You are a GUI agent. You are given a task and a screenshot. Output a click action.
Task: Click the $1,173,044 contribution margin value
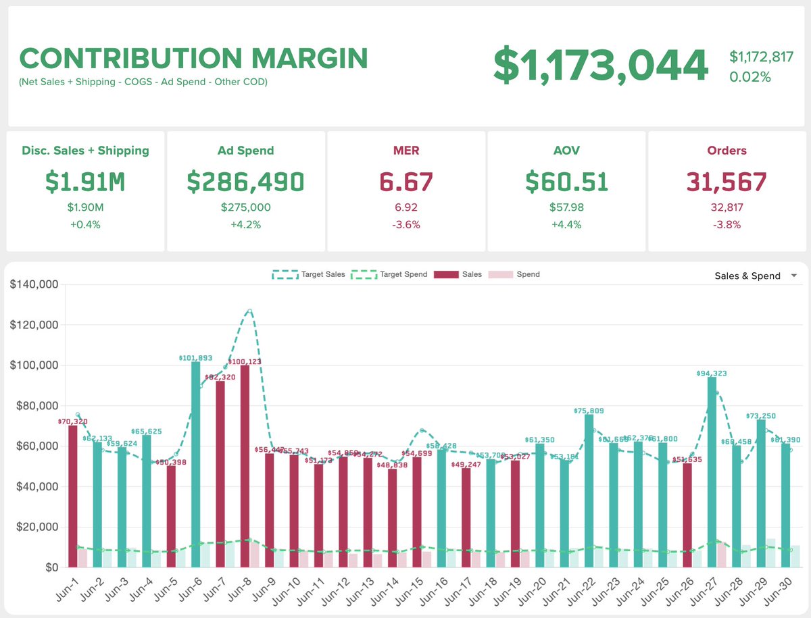pyautogui.click(x=601, y=66)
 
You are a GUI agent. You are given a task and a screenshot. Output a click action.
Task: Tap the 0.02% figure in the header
pyautogui.click(x=750, y=77)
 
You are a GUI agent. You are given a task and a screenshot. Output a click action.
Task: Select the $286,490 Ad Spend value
pyautogui.click(x=245, y=182)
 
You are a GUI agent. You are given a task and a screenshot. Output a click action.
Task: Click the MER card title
pyautogui.click(x=406, y=151)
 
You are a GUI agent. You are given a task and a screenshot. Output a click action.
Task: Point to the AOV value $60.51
pyautogui.click(x=567, y=182)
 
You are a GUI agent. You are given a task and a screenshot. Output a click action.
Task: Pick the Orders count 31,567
pyautogui.click(x=727, y=182)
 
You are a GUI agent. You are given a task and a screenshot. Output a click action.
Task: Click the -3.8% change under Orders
pyautogui.click(x=727, y=225)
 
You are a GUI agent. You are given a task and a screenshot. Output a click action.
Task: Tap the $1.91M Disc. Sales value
pyautogui.click(x=85, y=182)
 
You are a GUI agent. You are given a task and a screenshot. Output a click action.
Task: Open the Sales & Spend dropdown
pyautogui.click(x=756, y=276)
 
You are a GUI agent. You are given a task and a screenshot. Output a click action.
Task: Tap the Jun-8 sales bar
pyautogui.click(x=245, y=466)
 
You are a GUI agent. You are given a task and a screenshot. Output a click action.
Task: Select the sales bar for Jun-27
pyautogui.click(x=712, y=473)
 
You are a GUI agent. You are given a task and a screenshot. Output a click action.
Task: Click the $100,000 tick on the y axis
pyautogui.click(x=33, y=365)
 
